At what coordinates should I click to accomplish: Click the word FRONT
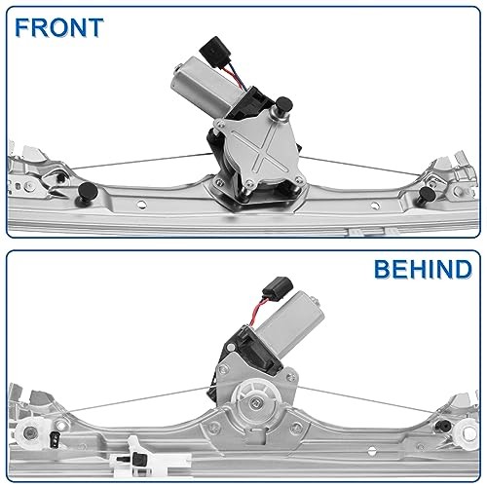point(59,27)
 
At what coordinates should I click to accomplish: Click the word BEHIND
point(423,269)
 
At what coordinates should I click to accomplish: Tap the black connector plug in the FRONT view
point(212,52)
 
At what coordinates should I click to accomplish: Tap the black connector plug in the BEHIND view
point(278,288)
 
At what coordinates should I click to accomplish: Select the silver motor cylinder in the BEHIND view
point(289,322)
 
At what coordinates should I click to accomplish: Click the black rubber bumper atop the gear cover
point(283,105)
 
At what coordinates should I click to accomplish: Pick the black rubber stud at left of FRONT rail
point(88,191)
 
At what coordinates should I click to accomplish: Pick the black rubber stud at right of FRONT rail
point(428,194)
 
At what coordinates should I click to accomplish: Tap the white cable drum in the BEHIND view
point(256,401)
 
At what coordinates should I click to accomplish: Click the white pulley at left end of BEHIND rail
point(30,431)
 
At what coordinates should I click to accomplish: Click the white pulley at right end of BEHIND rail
point(468,432)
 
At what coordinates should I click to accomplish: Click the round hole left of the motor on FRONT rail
point(141,205)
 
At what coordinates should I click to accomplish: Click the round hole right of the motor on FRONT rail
point(375,206)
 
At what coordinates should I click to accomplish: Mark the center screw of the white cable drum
point(255,402)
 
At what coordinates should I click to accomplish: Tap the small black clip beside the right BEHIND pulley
point(443,425)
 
